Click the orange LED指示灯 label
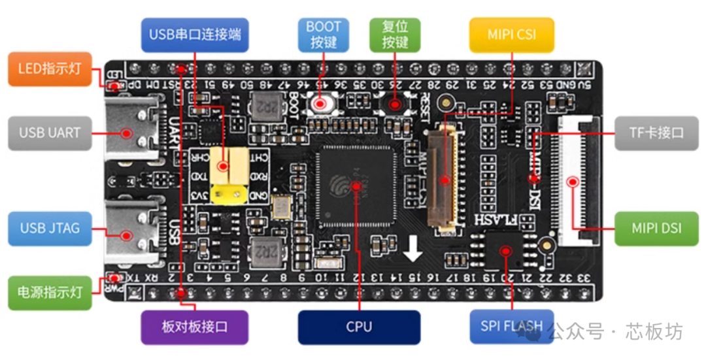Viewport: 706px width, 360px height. coord(49,69)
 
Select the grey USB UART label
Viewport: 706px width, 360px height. coord(50,133)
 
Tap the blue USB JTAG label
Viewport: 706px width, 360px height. coord(50,228)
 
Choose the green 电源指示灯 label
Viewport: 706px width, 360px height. coord(49,292)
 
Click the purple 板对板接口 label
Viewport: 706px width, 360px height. coord(195,327)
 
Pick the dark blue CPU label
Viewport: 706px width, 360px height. coord(359,327)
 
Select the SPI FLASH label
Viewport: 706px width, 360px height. coord(511,326)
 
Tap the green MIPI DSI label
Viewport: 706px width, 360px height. coord(657,228)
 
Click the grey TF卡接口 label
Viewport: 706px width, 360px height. coord(657,133)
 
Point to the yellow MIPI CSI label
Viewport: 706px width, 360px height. coord(511,35)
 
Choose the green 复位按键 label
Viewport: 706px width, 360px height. coord(395,35)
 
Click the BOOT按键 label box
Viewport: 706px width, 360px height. coord(324,35)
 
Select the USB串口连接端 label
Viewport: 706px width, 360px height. coord(195,35)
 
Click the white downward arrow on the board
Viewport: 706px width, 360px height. coord(412,249)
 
